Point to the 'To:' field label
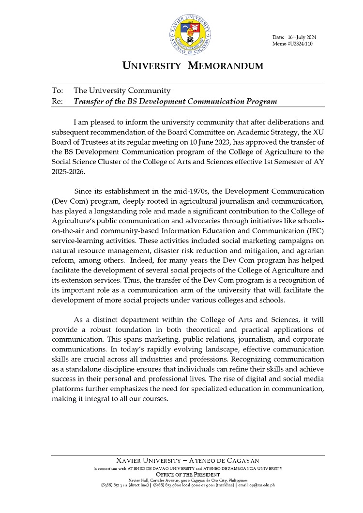pyautogui.click(x=57, y=91)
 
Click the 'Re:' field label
pyautogui.click(x=57, y=101)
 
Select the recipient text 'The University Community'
pyautogui.click(x=122, y=91)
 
